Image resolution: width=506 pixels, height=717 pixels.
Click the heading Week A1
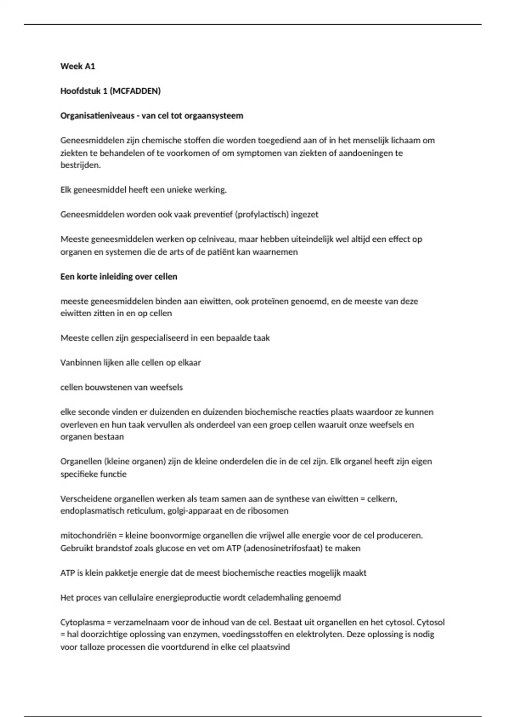(x=78, y=66)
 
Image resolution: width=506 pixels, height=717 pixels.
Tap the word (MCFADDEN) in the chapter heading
(x=135, y=91)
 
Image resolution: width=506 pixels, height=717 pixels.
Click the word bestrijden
(x=81, y=165)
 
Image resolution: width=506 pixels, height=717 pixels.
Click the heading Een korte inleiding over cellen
(x=118, y=277)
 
